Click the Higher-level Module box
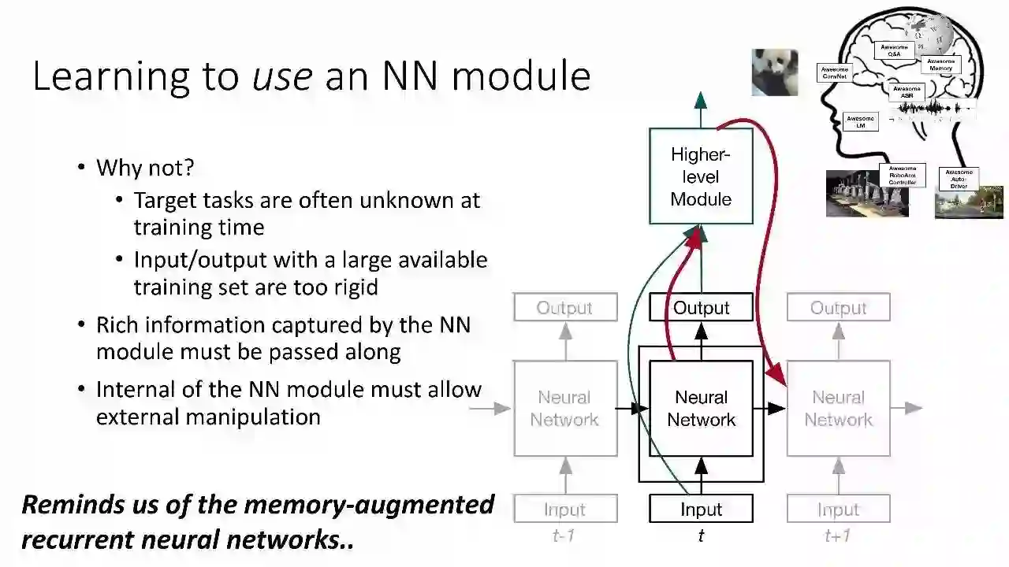(701, 176)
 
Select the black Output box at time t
(701, 308)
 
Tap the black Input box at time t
(701, 510)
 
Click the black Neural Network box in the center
(701, 408)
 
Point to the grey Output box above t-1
(564, 308)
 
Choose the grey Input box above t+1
(838, 510)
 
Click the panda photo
(774, 72)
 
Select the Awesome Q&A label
(893, 50)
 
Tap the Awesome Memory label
(940, 65)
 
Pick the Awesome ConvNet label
(835, 73)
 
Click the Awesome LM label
(860, 122)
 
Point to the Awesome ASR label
(907, 92)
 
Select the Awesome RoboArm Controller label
(903, 176)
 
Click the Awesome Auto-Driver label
(959, 179)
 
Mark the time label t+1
(837, 536)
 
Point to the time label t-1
(564, 536)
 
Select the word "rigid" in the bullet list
(352, 287)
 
